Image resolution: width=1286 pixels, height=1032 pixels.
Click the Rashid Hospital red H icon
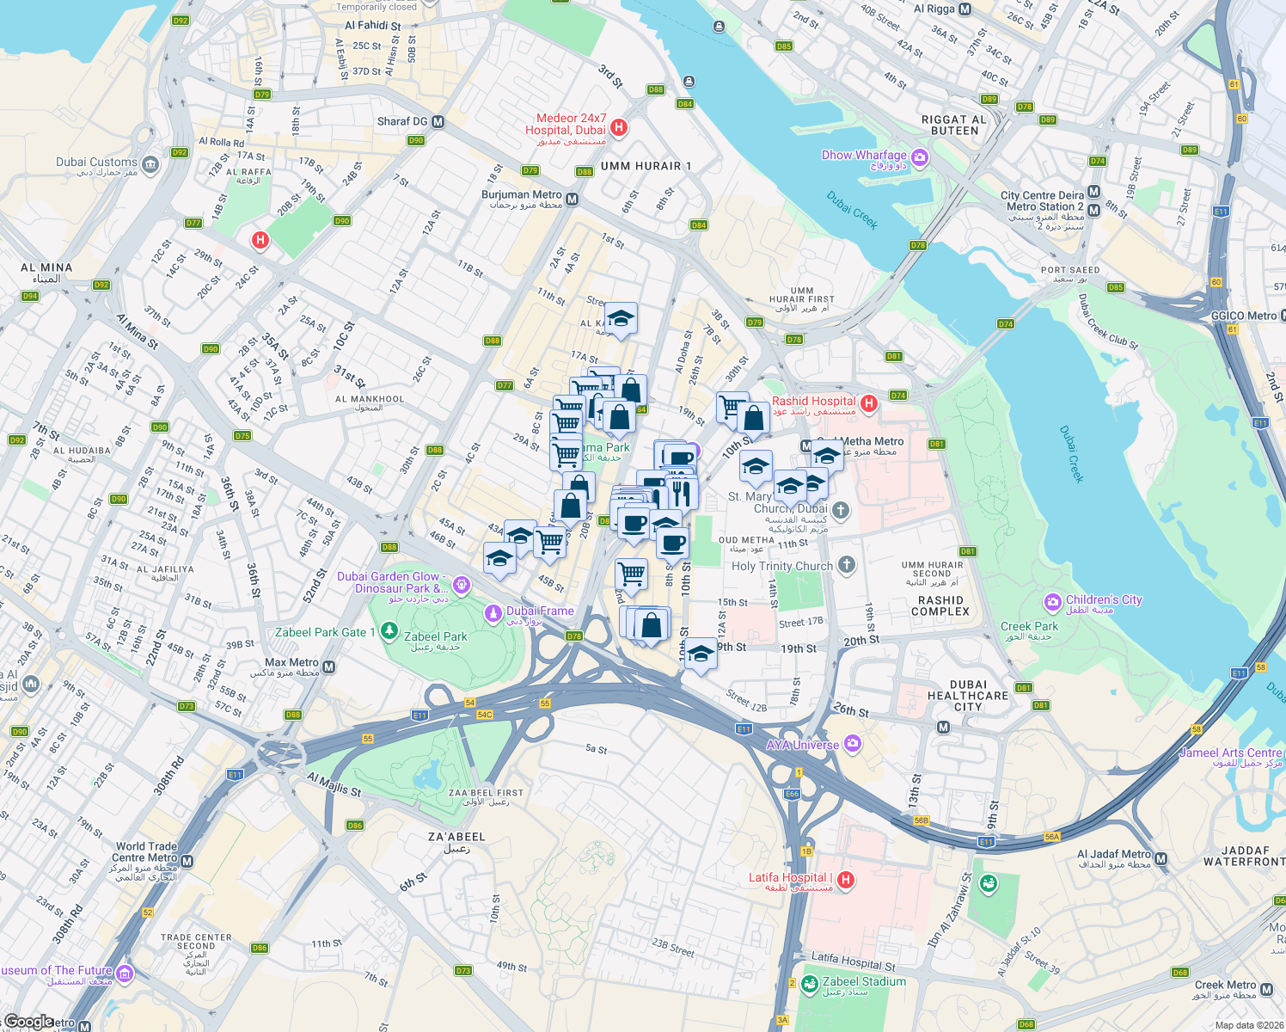pos(869,402)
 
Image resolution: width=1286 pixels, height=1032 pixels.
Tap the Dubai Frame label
pos(540,611)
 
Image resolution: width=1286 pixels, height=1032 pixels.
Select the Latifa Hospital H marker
pos(846,879)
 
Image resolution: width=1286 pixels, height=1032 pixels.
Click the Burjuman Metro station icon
pos(573,200)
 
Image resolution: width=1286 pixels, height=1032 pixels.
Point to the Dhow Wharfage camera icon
pos(921,157)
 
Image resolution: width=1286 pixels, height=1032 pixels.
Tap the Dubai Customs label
pos(96,162)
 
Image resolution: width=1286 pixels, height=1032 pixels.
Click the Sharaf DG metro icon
pos(438,122)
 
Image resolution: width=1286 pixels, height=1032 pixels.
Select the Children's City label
pos(1104,600)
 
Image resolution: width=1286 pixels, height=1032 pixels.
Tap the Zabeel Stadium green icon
pos(809,983)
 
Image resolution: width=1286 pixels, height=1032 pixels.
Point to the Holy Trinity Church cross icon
pos(847,565)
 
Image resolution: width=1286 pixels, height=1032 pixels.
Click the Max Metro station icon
pos(328,666)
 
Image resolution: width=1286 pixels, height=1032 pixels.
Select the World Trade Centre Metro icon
pos(187,861)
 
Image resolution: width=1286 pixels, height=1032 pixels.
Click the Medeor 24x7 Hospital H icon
pos(618,128)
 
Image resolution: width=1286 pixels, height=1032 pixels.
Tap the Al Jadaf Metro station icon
pos(1161,858)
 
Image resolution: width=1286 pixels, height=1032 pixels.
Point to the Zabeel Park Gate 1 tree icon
pos(389,632)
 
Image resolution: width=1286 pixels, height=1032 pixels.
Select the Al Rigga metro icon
pos(964,9)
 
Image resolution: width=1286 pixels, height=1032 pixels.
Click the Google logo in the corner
pos(28,1022)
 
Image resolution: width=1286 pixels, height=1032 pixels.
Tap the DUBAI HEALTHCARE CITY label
pos(968,696)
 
